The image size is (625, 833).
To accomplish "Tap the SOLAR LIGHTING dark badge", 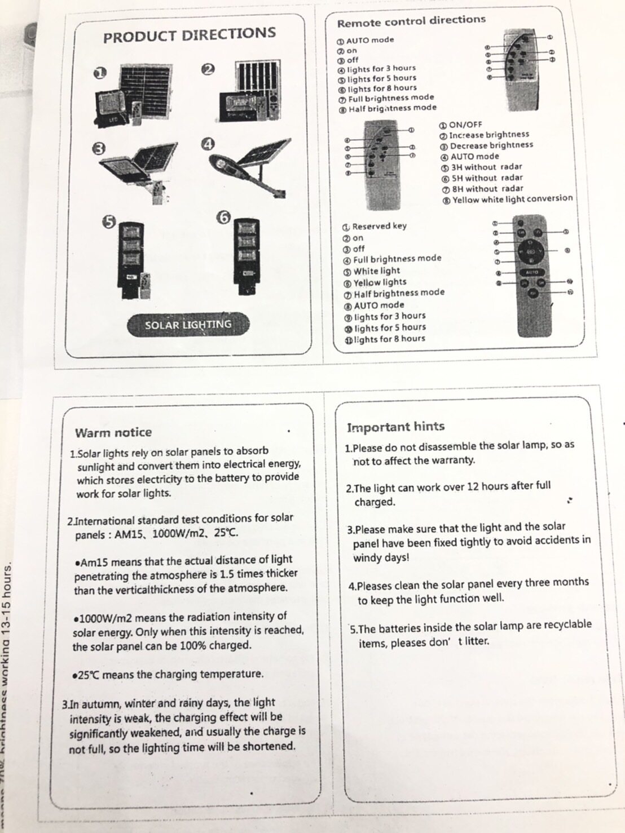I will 188,325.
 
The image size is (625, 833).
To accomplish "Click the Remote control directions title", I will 411,21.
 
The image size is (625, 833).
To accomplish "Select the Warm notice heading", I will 113,433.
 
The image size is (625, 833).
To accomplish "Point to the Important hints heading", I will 395,427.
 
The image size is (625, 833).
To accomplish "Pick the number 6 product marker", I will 224,217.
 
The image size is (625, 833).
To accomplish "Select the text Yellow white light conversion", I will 512,199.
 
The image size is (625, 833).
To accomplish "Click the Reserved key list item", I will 378,226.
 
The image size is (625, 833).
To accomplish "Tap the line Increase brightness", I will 488,135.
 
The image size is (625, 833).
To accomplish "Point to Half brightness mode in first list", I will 391,108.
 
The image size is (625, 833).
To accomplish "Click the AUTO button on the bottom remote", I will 532,272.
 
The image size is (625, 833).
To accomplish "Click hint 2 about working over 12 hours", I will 448,493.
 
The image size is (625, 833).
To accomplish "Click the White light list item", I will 376,271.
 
